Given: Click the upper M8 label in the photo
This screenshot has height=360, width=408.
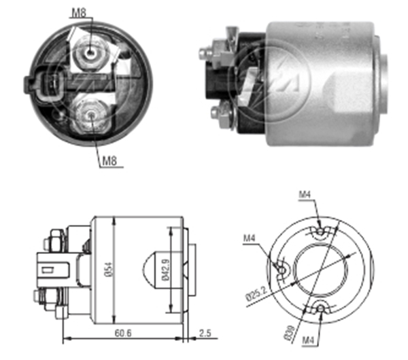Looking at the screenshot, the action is (79, 12).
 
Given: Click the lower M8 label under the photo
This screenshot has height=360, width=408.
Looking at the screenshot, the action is (109, 161).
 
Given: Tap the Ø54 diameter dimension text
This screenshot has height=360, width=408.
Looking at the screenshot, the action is (109, 270).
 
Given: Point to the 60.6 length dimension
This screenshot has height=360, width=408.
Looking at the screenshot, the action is (123, 333).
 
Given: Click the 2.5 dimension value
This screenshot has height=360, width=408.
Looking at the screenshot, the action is (205, 333).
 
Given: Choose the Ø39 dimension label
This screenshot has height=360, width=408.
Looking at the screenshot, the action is (290, 333).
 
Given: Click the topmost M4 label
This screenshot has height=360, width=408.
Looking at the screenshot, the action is (305, 194).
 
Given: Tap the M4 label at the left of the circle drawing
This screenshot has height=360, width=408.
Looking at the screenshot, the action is (250, 238).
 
